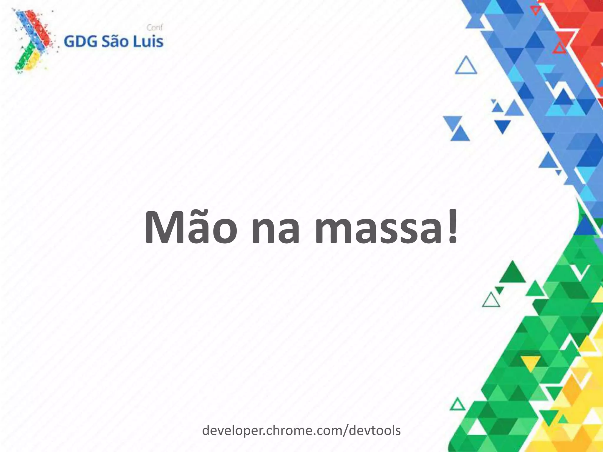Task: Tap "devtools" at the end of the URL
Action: coord(375,431)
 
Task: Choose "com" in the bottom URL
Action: coord(326,431)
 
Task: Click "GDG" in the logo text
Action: coord(80,42)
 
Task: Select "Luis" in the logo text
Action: coord(148,42)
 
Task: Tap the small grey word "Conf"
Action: coord(155,28)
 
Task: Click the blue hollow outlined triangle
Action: coord(466,66)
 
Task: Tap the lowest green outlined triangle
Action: coord(457,405)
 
